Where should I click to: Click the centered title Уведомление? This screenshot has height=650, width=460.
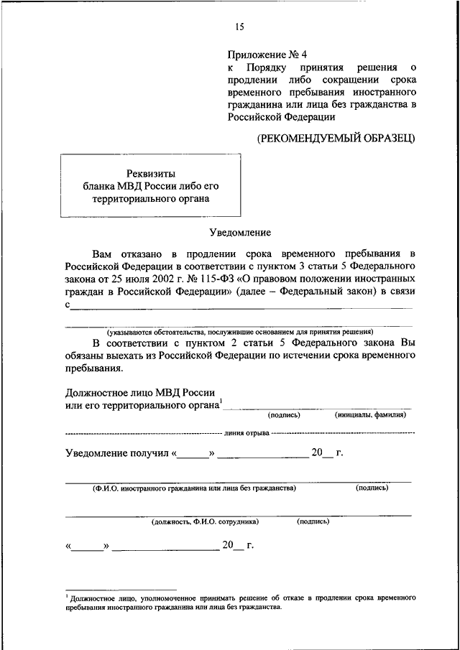(x=239, y=233)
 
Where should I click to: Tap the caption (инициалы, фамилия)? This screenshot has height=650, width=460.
(x=371, y=414)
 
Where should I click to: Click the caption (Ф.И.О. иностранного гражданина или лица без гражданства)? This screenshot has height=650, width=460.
(x=194, y=488)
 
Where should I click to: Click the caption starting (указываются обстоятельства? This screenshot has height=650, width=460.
(x=240, y=332)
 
